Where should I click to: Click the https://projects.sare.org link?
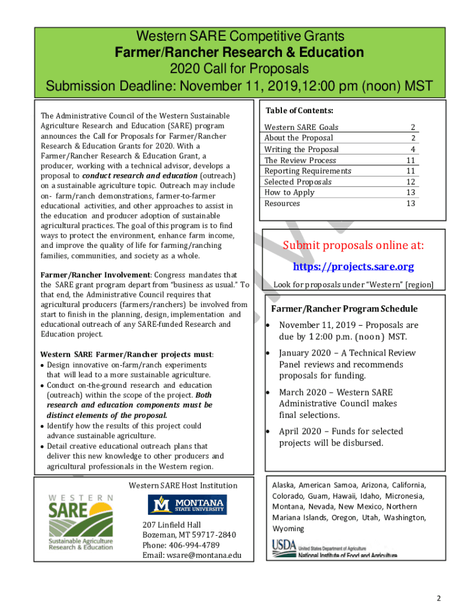353,266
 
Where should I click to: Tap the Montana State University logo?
187,505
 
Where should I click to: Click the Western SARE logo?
81,522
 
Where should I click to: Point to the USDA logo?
334,549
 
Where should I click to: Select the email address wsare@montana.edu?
192,556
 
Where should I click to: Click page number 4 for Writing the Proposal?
412,150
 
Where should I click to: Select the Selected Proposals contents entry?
298,182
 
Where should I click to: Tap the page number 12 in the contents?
410,182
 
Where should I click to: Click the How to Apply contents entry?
289,193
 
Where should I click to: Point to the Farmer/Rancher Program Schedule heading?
344,309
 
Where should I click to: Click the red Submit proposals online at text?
353,245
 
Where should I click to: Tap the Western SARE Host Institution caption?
183,485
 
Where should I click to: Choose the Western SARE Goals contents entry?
301,128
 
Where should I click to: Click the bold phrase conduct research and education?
139,176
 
